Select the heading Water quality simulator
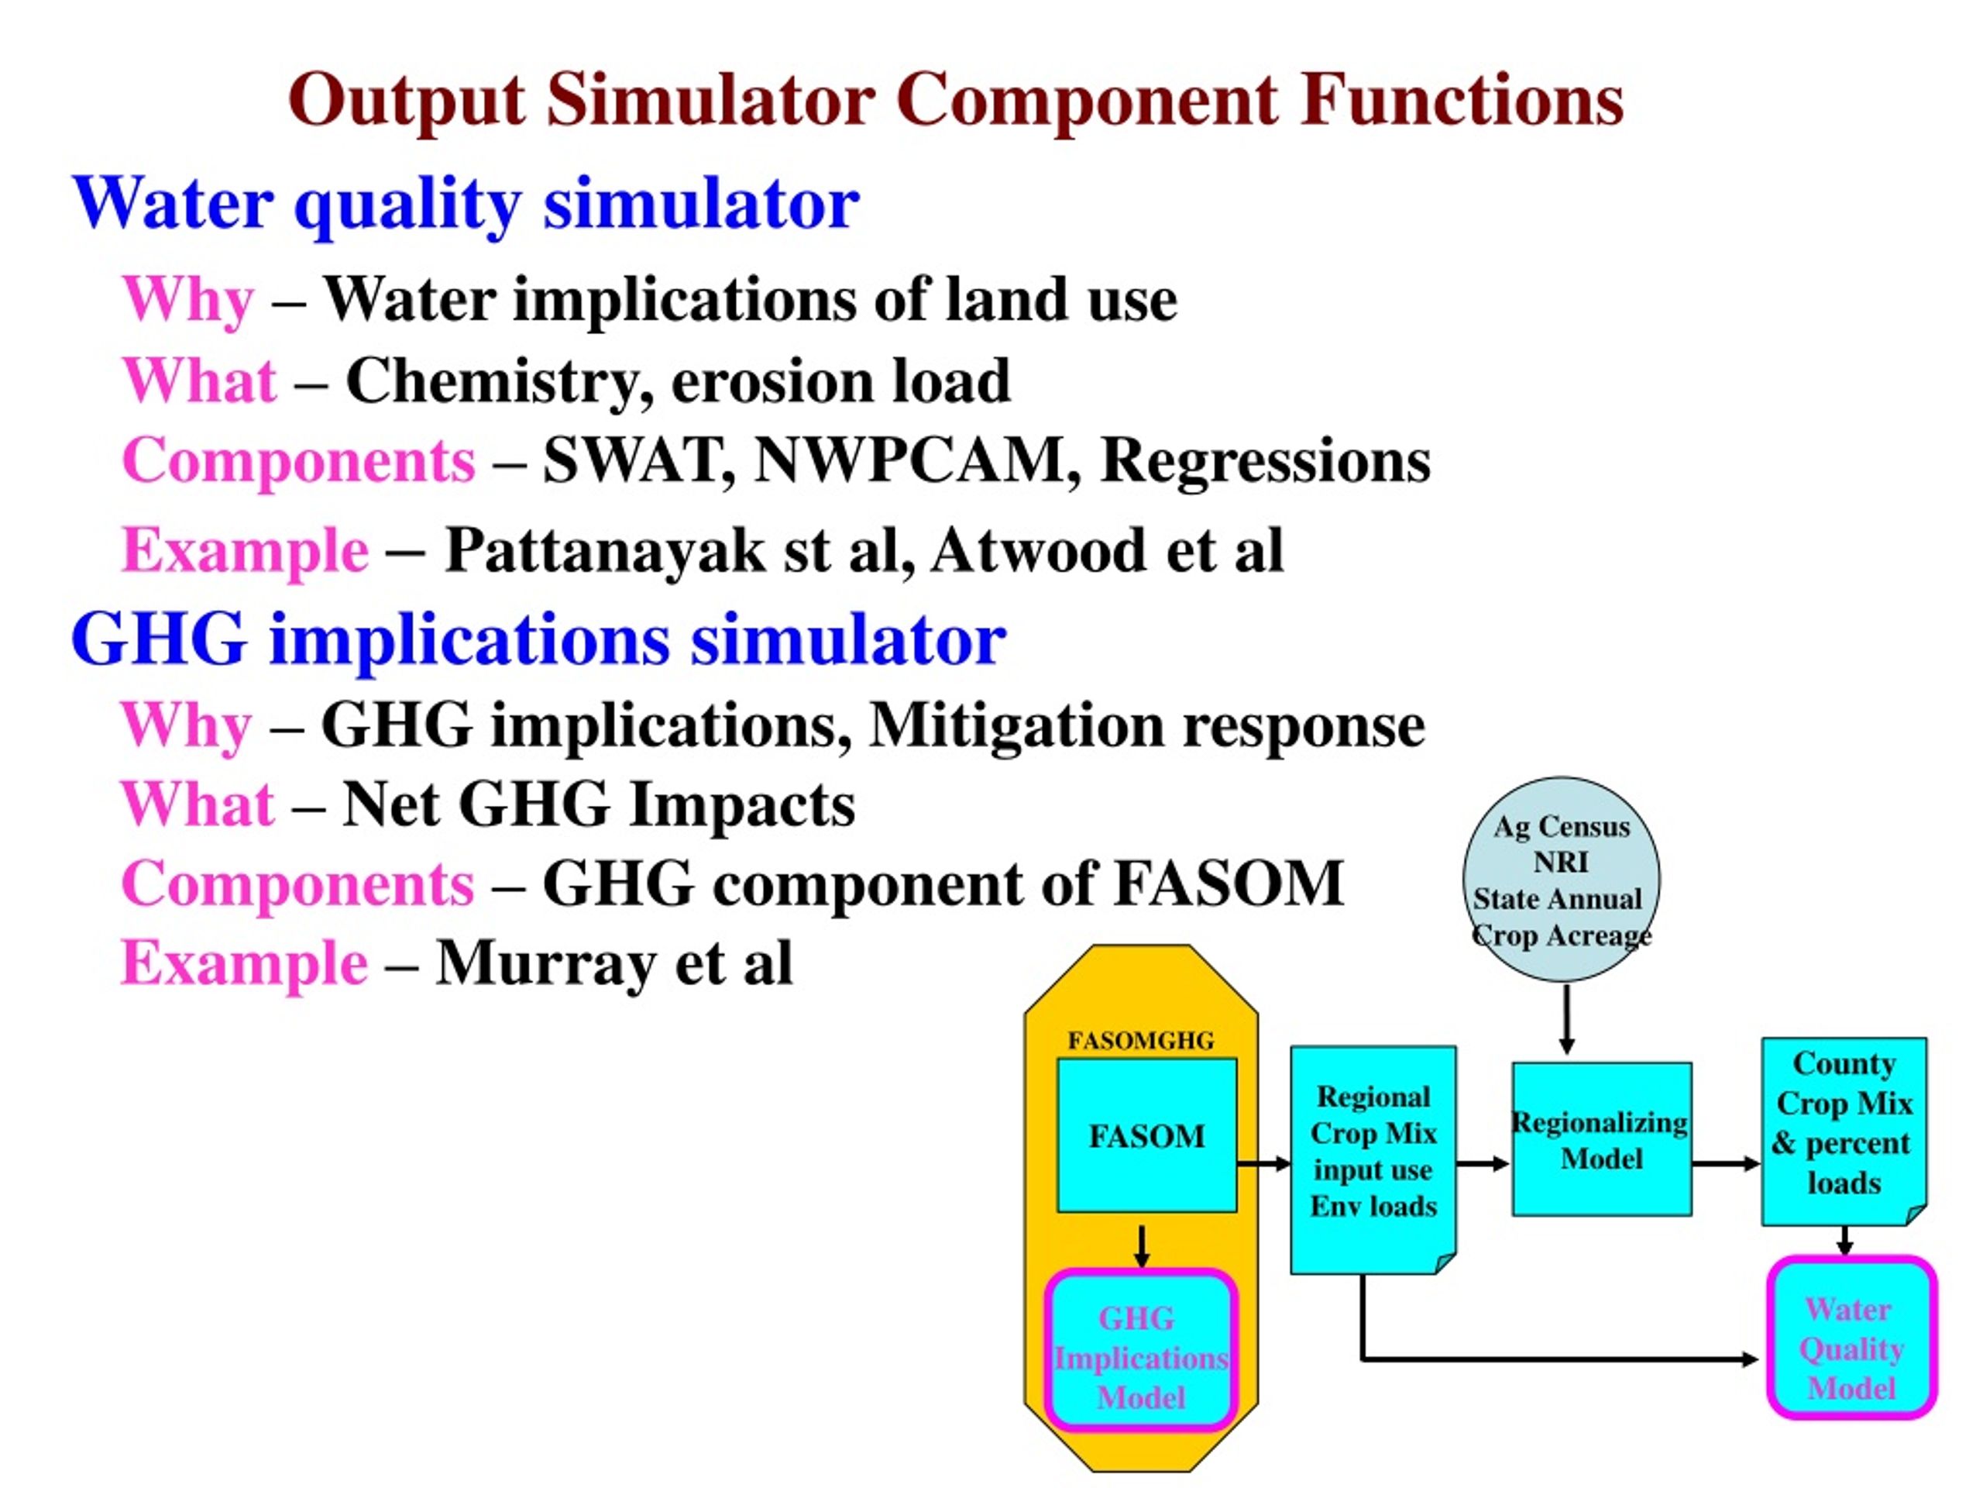[x=466, y=205]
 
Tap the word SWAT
[x=639, y=461]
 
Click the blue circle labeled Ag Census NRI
[x=1561, y=879]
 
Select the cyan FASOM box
[x=1146, y=1135]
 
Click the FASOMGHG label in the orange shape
[x=1140, y=1040]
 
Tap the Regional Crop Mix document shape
[x=1373, y=1159]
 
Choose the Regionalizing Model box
[x=1602, y=1139]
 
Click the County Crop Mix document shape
[x=1844, y=1131]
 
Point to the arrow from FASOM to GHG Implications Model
[x=1141, y=1246]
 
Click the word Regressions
[x=1265, y=463]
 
